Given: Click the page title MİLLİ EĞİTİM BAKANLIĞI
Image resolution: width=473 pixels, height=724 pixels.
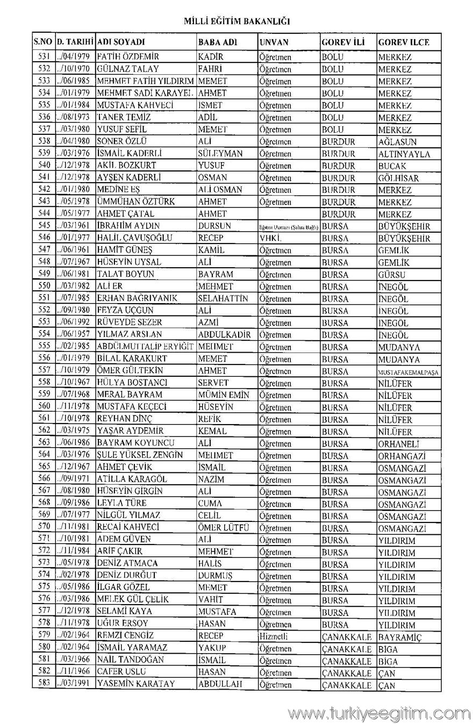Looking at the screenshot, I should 236,21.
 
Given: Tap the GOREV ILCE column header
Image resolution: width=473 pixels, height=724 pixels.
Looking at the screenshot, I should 403,42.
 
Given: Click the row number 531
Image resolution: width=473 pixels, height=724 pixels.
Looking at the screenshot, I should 44,56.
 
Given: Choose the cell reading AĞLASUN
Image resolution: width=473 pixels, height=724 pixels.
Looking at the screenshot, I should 397,142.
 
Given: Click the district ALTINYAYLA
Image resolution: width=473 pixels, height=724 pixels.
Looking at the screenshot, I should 404,154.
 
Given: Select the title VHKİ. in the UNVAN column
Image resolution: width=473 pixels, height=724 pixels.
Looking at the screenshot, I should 270,238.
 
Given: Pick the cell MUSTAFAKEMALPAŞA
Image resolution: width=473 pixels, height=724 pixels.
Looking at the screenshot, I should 408,372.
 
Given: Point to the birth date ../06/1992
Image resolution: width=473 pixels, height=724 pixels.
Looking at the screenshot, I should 75,322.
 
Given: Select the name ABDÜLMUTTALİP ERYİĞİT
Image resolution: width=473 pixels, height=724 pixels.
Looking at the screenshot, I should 145,347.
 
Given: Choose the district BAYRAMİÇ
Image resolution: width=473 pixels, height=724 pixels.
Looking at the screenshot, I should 400,636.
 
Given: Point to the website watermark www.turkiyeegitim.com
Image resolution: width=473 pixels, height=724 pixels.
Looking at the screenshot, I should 379,713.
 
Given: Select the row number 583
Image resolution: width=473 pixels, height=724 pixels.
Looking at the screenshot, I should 44,684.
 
